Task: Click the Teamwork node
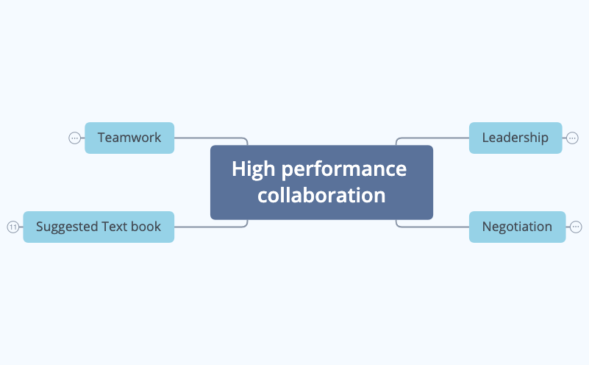129,138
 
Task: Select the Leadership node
515,138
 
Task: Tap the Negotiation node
517,227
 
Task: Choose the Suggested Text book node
99,227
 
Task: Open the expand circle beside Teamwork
74,138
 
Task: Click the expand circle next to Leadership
572,138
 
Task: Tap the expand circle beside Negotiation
576,227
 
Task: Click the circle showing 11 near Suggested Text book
13,227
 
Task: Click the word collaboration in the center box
321,196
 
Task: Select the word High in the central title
254,169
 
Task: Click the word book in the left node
146,227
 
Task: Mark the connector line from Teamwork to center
210,138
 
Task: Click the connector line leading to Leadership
434,138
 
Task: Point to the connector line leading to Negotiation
434,227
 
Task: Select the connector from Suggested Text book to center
210,227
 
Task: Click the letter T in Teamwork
101,138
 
